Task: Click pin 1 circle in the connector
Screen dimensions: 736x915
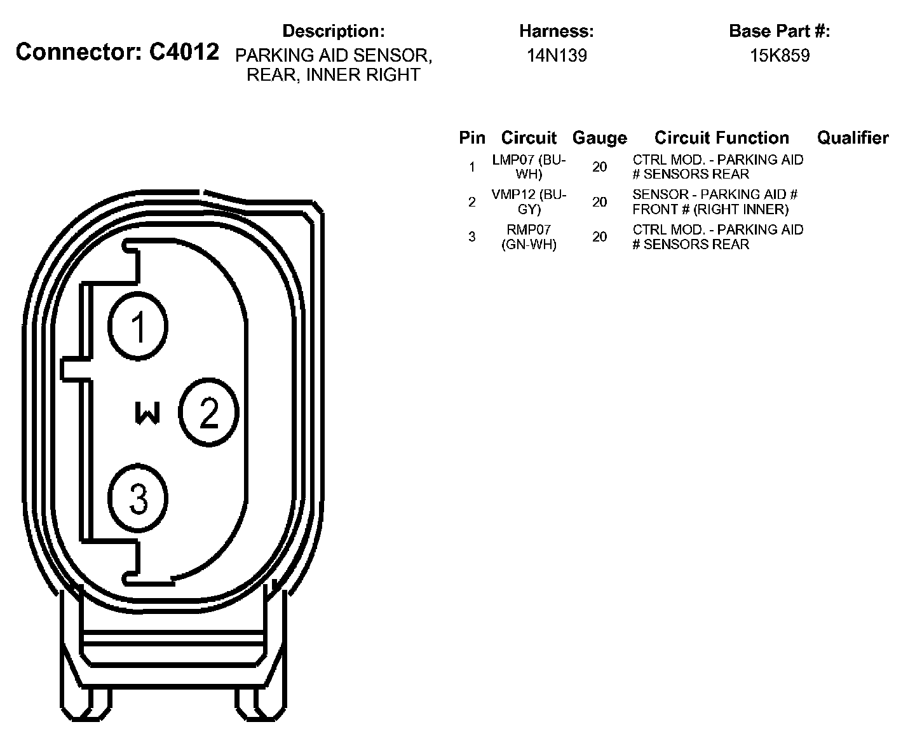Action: click(x=138, y=327)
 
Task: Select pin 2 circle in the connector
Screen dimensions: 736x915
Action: click(x=208, y=412)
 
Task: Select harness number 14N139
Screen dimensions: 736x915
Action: click(x=557, y=56)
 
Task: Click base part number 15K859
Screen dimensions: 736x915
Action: click(x=780, y=56)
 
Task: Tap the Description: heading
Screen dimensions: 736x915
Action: click(x=333, y=31)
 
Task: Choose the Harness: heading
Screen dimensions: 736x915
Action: click(x=557, y=31)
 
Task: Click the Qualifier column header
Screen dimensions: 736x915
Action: click(x=853, y=138)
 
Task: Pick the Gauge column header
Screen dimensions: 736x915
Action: click(x=599, y=138)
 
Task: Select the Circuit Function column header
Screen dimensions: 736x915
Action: click(x=721, y=138)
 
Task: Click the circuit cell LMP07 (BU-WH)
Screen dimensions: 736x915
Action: click(x=529, y=167)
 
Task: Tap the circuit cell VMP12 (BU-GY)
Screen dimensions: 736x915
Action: click(x=529, y=201)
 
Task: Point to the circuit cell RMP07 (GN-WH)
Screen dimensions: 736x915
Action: click(x=529, y=236)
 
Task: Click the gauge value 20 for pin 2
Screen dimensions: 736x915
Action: click(x=599, y=202)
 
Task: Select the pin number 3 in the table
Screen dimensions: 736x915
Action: click(x=471, y=237)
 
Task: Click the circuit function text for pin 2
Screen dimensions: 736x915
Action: click(x=715, y=201)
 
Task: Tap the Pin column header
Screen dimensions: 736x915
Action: click(x=471, y=138)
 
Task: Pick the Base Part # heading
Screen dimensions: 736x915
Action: click(x=780, y=31)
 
